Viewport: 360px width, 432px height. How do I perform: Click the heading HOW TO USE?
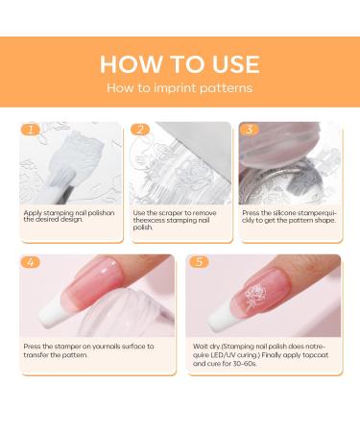(x=180, y=64)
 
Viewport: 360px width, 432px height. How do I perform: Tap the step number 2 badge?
(x=141, y=129)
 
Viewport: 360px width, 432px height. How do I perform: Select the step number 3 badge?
(x=252, y=129)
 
